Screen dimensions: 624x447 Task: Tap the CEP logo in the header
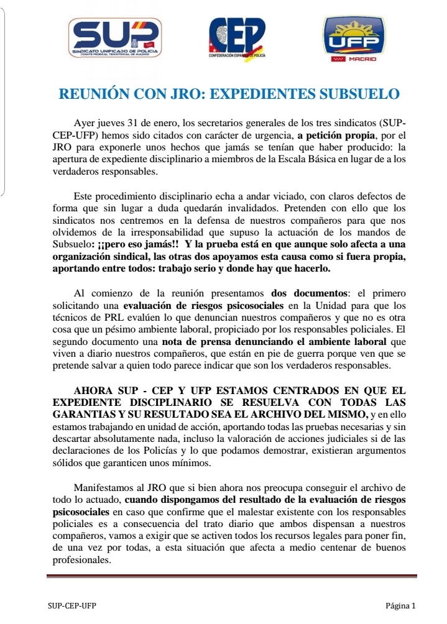click(x=237, y=39)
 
